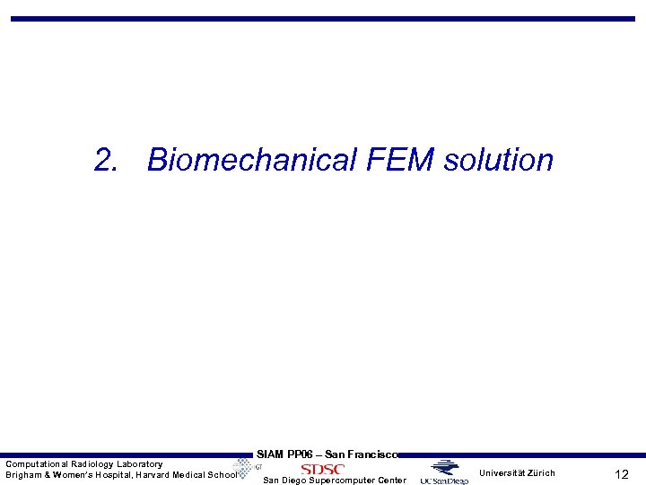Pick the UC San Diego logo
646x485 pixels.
tap(444, 472)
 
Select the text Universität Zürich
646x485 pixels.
tap(517, 473)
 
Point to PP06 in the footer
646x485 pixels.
tap(301, 454)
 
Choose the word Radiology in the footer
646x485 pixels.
tap(93, 463)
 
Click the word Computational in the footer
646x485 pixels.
tap(37, 463)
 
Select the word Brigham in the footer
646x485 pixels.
tap(23, 475)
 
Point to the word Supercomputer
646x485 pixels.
tap(346, 481)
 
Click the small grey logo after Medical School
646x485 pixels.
tap(246, 468)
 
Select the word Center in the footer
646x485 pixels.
tap(390, 481)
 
